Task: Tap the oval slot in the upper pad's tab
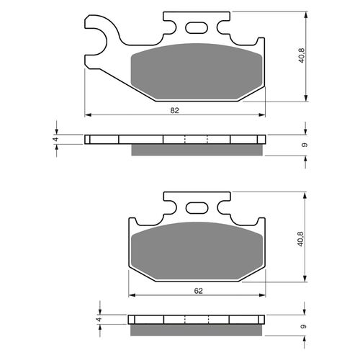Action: pos(196,29)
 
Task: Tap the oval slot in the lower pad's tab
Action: pos(196,210)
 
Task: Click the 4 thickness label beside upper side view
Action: pos(55,140)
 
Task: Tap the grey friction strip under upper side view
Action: pos(196,150)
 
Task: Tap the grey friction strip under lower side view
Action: pos(196,330)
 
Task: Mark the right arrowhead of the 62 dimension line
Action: pos(261,295)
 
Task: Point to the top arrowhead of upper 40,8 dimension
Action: pos(307,15)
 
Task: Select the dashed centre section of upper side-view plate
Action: pos(196,140)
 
